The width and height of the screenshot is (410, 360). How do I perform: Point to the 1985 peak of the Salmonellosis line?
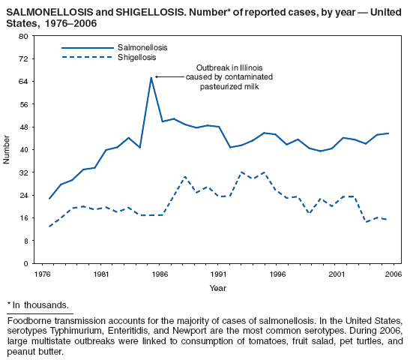pyautogui.click(x=151, y=77)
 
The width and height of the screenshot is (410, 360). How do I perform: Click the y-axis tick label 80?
pyautogui.click(x=24, y=36)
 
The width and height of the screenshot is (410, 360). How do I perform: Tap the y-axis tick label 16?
pyautogui.click(x=24, y=218)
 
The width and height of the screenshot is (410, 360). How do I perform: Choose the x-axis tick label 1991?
pyautogui.click(x=218, y=274)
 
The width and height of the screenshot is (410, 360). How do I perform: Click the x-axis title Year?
pyautogui.click(x=218, y=288)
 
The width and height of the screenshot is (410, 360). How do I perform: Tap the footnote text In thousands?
pyautogui.click(x=42, y=305)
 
